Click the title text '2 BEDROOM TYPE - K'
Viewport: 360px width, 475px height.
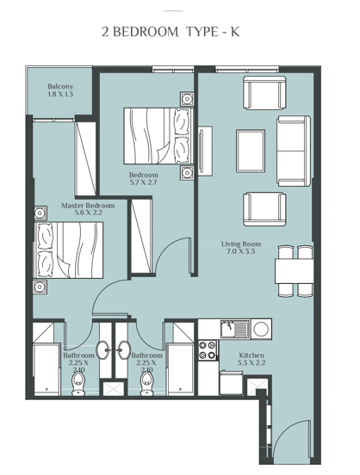point(181,33)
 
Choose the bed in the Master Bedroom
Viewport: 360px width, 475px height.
point(71,250)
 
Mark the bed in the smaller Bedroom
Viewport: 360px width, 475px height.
point(157,133)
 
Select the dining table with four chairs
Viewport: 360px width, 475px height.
point(295,269)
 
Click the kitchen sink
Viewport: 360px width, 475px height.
point(231,329)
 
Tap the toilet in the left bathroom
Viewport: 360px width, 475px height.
point(78,378)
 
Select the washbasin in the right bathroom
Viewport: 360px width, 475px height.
point(123,349)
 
